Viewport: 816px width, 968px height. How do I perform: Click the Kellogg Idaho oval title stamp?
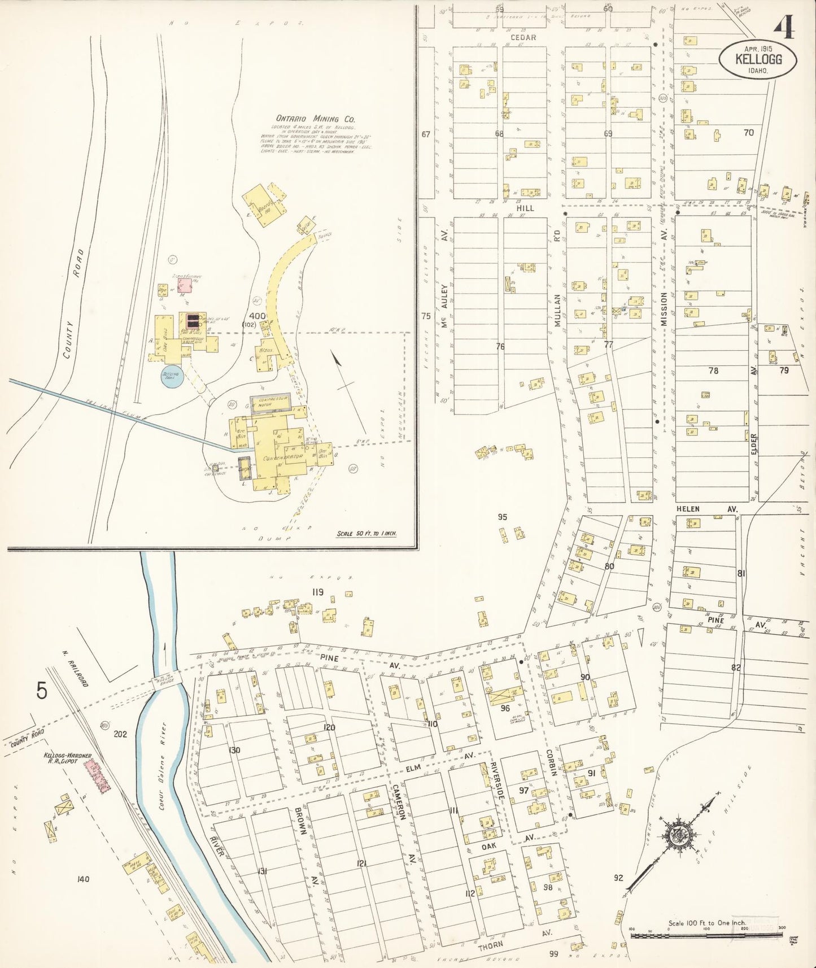(757, 59)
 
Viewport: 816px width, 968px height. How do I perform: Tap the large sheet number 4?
(784, 27)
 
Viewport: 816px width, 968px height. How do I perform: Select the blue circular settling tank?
(171, 376)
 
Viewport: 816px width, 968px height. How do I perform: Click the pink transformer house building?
(186, 286)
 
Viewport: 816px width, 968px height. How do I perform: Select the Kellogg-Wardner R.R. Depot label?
(68, 758)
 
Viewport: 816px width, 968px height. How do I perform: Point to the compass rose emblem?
(674, 836)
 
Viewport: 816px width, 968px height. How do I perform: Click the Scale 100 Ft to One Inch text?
(707, 923)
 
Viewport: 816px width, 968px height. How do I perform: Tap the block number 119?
(317, 592)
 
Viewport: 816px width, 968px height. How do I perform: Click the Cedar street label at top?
(523, 37)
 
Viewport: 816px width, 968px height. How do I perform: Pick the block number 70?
(748, 133)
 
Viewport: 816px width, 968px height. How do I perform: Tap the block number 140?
(83, 879)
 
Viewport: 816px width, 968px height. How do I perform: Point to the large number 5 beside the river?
(42, 690)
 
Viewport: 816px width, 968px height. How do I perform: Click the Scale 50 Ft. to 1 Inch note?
(366, 533)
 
